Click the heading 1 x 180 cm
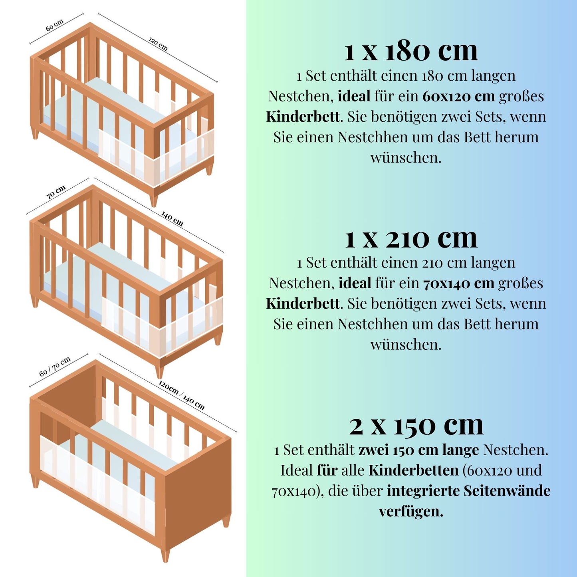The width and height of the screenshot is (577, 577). (411, 52)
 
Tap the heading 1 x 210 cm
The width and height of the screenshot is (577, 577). (411, 238)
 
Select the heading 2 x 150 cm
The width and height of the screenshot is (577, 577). (416, 425)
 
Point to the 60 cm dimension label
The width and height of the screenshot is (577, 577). (54, 26)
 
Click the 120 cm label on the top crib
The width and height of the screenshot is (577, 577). (158, 44)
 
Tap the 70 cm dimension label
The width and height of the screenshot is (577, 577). (56, 192)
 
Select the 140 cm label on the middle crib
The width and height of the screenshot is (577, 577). (172, 218)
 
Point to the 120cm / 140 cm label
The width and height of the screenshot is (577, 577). (181, 395)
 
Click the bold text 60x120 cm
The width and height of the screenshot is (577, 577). (459, 96)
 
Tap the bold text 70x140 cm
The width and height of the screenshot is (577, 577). (459, 283)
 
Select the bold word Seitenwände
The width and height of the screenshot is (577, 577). (507, 490)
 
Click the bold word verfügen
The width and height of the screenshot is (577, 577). (411, 511)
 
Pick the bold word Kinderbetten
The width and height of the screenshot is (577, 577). (414, 470)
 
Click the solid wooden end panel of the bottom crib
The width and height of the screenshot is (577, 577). (198, 491)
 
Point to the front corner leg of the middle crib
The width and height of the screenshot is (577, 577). (159, 371)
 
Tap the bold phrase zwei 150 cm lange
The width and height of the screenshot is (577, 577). (418, 450)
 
